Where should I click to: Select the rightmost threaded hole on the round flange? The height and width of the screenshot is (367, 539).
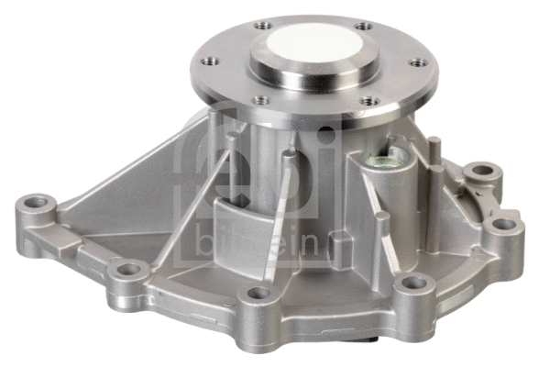pyautogui.click(x=418, y=62)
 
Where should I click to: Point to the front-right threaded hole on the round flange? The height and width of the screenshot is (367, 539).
pyautogui.click(x=368, y=100)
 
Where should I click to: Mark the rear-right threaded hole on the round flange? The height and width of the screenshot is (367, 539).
pyautogui.click(x=364, y=27)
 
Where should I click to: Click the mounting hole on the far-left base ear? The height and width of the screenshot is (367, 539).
pyautogui.click(x=36, y=200)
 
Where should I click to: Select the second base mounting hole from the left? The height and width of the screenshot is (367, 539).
pyautogui.click(x=128, y=270)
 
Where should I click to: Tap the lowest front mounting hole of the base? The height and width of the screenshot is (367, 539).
pyautogui.click(x=259, y=295)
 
